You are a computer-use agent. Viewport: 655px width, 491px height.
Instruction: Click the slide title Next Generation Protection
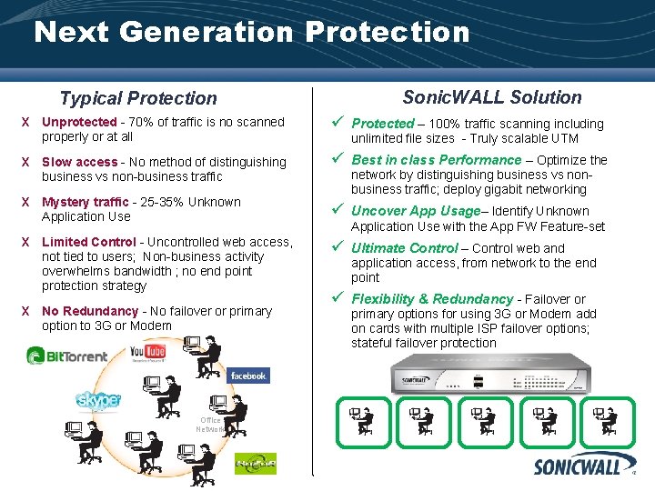point(251,33)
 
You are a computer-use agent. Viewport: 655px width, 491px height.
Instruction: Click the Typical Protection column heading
point(138,98)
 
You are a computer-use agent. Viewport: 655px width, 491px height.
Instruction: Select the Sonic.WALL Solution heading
point(492,97)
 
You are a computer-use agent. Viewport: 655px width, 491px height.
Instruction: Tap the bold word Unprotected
point(79,122)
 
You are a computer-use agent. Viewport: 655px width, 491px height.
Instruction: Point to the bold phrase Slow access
point(79,162)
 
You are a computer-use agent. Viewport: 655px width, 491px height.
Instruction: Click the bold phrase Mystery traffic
point(86,202)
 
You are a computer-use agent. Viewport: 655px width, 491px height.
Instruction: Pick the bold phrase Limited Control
point(89,242)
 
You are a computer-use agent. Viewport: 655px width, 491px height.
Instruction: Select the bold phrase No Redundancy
point(89,311)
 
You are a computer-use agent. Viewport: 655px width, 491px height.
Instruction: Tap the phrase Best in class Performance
point(437,160)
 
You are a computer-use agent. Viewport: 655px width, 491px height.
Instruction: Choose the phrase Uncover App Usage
point(416,211)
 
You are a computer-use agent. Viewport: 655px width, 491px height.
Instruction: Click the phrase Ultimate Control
point(405,248)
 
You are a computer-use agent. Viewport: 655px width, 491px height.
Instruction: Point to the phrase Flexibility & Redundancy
point(432,299)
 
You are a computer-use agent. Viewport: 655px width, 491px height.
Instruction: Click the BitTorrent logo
point(66,355)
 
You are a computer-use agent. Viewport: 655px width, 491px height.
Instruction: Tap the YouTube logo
point(146,351)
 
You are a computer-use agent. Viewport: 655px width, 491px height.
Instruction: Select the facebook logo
point(247,376)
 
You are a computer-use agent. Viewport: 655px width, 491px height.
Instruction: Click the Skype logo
point(98,400)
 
